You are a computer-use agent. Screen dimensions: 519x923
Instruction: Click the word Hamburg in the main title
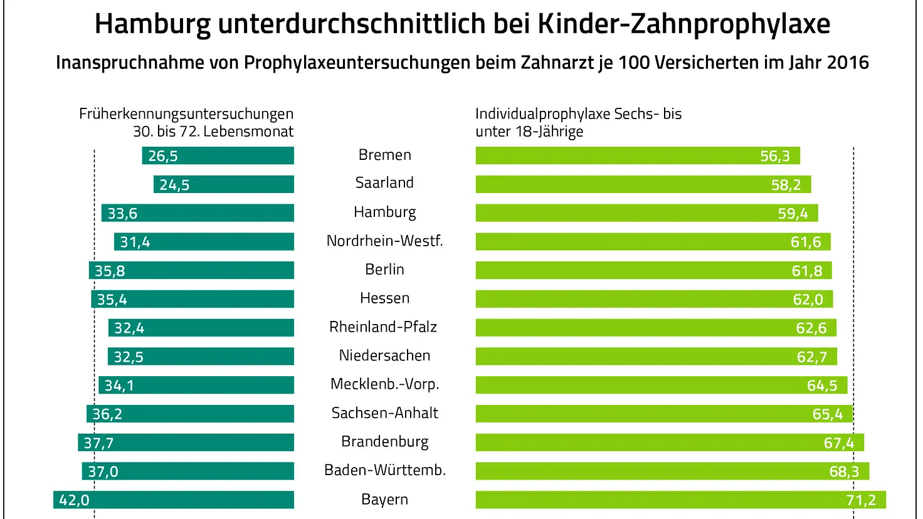(152, 24)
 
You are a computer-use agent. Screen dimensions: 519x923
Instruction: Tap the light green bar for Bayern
(658, 500)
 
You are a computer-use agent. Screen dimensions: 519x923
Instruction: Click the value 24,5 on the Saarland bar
(174, 185)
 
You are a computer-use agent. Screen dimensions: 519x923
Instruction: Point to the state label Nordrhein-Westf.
(384, 241)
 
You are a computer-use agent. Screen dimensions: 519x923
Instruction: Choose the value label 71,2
(860, 500)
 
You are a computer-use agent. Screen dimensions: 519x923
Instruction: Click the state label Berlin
(384, 270)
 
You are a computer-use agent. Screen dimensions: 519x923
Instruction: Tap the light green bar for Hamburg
(627, 213)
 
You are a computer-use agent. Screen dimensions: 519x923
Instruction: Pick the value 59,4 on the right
(793, 214)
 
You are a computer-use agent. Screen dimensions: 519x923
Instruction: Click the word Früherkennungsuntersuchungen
(186, 114)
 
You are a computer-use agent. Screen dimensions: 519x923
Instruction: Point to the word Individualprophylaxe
(542, 114)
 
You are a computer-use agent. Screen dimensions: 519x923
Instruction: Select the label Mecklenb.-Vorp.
(384, 384)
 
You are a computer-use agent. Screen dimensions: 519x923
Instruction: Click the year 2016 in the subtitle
(847, 63)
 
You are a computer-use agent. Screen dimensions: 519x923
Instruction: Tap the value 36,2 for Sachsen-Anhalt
(107, 414)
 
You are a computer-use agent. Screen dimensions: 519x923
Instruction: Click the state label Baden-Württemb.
(384, 470)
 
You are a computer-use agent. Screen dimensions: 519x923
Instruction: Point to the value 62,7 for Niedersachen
(811, 357)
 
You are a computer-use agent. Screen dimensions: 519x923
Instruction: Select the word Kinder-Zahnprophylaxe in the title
(683, 24)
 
